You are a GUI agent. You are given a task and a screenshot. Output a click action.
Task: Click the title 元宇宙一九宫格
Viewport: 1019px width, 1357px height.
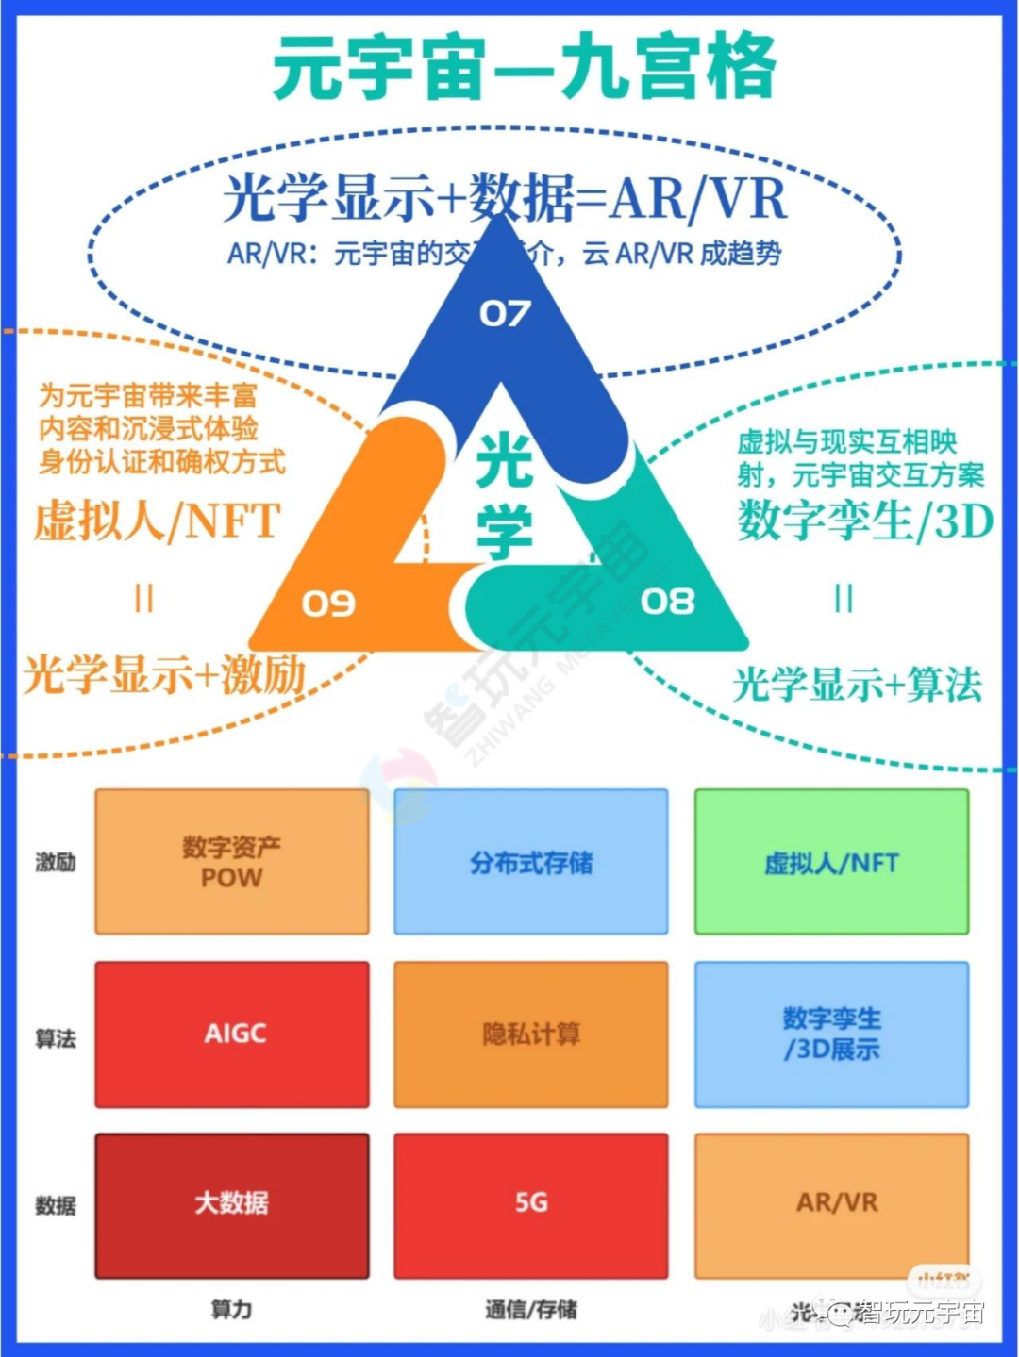click(x=525, y=68)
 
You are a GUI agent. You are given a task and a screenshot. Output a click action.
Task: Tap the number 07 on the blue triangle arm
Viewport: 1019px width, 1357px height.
click(x=505, y=313)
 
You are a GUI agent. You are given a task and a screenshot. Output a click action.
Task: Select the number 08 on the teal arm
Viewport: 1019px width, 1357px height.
click(x=667, y=601)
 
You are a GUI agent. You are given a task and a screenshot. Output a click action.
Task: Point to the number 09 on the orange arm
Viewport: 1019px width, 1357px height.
click(x=328, y=603)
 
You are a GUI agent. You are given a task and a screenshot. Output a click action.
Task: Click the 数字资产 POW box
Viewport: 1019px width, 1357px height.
click(x=231, y=862)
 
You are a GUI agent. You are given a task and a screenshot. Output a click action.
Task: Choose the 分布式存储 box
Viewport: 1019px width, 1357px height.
click(x=530, y=862)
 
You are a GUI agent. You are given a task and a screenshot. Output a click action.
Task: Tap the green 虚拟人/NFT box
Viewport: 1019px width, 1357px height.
click(x=831, y=862)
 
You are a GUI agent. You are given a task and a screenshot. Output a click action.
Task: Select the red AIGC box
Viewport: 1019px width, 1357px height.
click(x=231, y=1034)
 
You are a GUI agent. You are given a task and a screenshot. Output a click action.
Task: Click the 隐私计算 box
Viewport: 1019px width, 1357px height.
click(x=530, y=1034)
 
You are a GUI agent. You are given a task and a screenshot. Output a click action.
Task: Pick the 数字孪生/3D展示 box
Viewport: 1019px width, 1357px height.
click(x=831, y=1034)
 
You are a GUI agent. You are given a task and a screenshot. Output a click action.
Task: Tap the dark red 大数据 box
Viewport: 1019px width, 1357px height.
click(x=231, y=1204)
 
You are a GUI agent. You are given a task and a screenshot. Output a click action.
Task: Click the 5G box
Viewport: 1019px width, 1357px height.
click(x=530, y=1204)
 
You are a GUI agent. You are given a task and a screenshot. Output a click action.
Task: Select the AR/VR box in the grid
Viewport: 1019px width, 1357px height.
click(x=831, y=1204)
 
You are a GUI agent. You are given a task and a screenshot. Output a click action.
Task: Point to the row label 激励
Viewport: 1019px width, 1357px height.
click(x=55, y=862)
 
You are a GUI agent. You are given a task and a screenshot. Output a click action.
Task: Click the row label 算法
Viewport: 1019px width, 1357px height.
click(x=55, y=1038)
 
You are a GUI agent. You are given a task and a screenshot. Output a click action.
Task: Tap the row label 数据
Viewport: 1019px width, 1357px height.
click(x=55, y=1205)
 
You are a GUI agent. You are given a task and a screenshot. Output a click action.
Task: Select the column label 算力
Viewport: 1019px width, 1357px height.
click(x=231, y=1309)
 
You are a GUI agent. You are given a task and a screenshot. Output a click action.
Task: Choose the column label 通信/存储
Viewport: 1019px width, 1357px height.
click(x=530, y=1309)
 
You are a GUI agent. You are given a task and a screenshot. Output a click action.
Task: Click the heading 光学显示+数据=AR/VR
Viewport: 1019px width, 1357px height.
click(x=505, y=199)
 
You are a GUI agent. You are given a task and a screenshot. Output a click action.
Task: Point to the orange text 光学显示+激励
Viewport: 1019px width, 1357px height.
click(x=165, y=675)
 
